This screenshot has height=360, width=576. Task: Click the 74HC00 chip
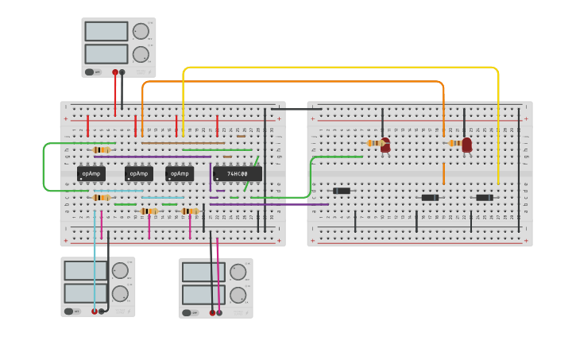(238, 173)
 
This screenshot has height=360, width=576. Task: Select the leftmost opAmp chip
(91, 173)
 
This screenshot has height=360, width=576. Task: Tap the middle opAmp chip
(138, 173)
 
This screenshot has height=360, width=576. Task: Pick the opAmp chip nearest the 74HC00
(180, 173)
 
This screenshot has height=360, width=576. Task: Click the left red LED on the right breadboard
(385, 145)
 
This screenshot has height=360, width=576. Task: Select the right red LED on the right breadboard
(467, 144)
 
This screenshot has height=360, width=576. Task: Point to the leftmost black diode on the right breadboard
(342, 191)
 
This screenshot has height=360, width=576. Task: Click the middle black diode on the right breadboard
(430, 197)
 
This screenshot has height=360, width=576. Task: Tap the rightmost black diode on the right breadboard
(485, 197)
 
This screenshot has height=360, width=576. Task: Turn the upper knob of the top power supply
(141, 31)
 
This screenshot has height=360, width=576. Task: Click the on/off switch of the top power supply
(92, 72)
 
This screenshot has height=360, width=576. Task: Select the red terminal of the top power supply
(115, 72)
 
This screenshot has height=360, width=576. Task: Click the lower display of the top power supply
(106, 54)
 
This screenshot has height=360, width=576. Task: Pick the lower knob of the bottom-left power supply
(120, 293)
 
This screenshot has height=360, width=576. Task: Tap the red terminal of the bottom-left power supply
(95, 312)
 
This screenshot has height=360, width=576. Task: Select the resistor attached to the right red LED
(454, 143)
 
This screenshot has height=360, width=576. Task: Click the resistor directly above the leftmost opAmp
(101, 149)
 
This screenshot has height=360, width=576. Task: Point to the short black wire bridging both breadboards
(296, 109)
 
